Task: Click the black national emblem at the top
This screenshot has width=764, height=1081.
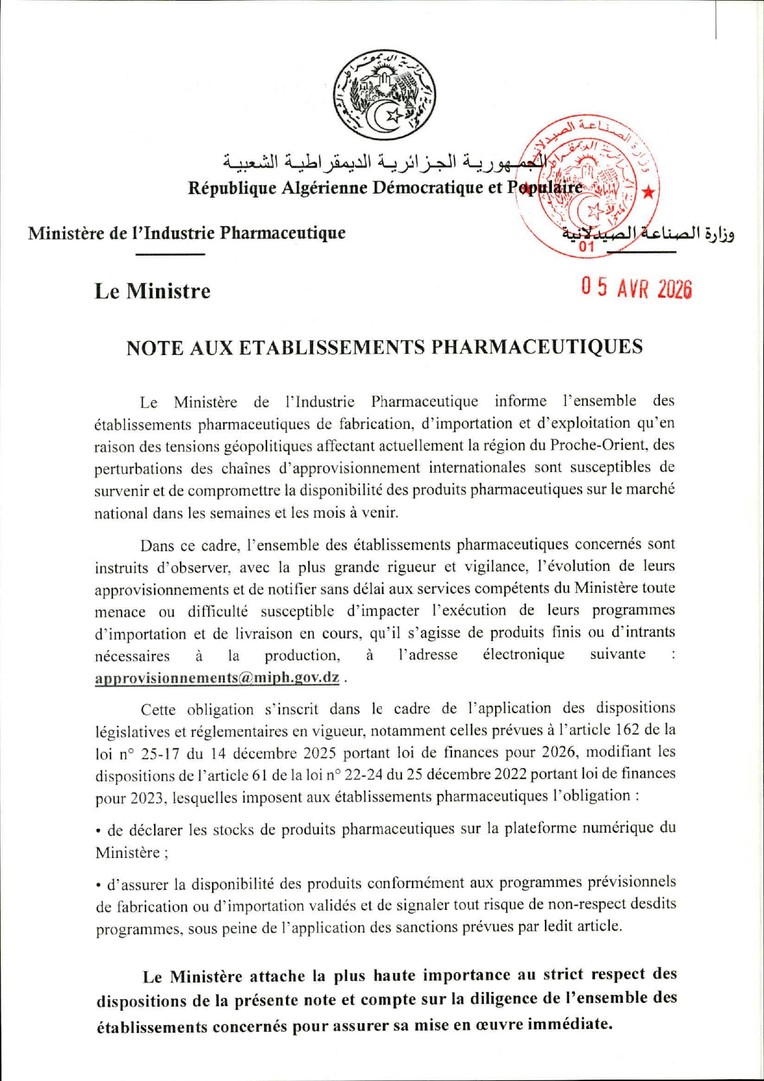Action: click(x=384, y=96)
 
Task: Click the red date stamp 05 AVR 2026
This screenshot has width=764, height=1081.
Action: click(x=636, y=288)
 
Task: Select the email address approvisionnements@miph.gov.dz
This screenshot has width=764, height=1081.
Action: click(x=217, y=677)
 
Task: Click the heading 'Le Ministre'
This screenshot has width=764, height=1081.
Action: click(x=152, y=291)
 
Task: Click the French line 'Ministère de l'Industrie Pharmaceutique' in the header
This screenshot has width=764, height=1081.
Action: click(x=186, y=233)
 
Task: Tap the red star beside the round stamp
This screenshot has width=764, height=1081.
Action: click(x=648, y=192)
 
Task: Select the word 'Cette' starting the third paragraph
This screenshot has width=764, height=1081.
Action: click(x=158, y=709)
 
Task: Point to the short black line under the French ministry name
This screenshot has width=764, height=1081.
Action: click(x=170, y=254)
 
